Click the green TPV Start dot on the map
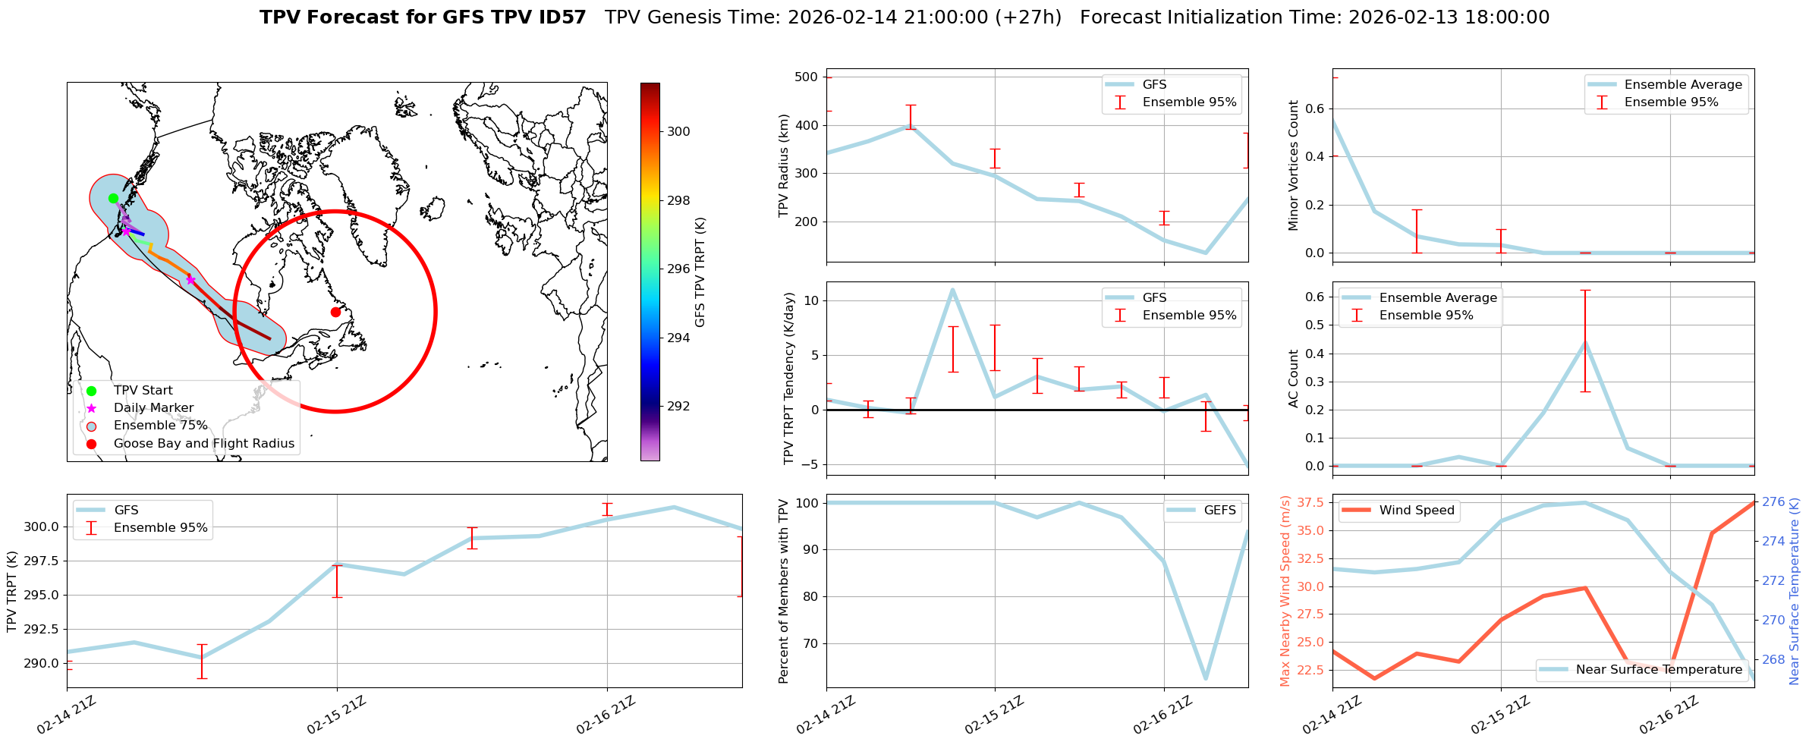113,199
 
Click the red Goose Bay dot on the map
335,312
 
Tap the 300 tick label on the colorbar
678,131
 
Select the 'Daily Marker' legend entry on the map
153,408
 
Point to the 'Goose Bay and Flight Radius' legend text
203,444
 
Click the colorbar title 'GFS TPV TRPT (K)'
700,272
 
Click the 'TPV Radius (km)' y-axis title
784,165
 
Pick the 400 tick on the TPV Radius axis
806,125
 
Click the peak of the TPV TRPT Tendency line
952,289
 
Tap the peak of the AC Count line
1585,342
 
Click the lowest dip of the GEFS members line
1206,678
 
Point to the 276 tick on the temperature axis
1773,501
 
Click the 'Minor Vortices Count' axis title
1294,165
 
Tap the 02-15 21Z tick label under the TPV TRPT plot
337,715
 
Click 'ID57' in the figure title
560,17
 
